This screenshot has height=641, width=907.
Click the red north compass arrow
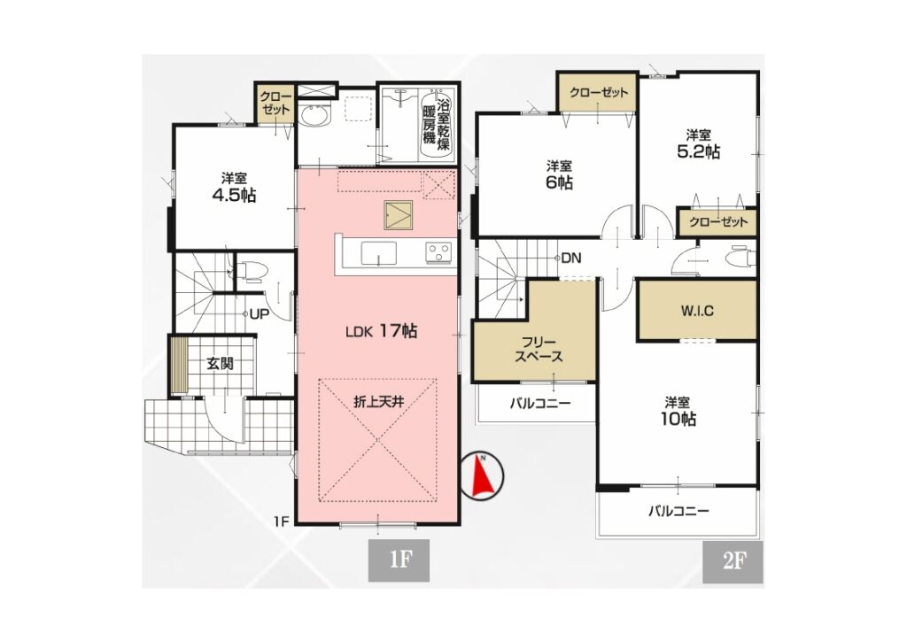coord(482,475)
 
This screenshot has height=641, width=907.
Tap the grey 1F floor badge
coord(399,560)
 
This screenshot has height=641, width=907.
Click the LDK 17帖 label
coord(381,331)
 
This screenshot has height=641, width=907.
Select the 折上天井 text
coord(379,402)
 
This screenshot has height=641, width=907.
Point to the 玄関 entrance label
coord(220,364)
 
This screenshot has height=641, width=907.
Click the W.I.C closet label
coord(696,311)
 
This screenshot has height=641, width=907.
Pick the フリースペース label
coord(539,349)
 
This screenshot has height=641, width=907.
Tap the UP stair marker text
coord(260,314)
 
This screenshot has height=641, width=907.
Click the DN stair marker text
coord(571,259)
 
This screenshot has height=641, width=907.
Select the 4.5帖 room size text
coord(234,196)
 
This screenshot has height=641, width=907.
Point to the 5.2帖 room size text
coord(699,152)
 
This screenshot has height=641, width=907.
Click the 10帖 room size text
coord(678,419)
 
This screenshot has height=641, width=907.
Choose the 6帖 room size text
coord(560,182)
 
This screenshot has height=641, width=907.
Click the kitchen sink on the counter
coord(379,253)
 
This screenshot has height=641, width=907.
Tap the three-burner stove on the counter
coord(438,252)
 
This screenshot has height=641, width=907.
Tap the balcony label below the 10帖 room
coord(678,511)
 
